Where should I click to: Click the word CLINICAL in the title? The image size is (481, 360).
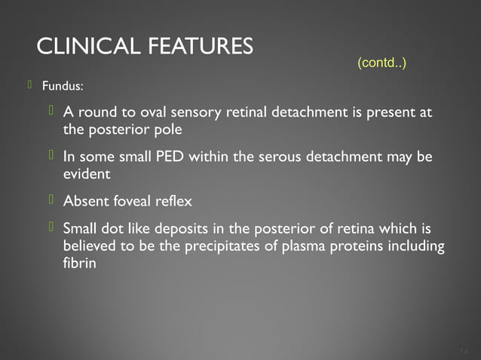point(81,47)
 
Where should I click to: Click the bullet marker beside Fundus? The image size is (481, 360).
point(30,85)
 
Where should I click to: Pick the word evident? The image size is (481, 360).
point(86,174)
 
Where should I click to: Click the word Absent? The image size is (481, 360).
point(84,202)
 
